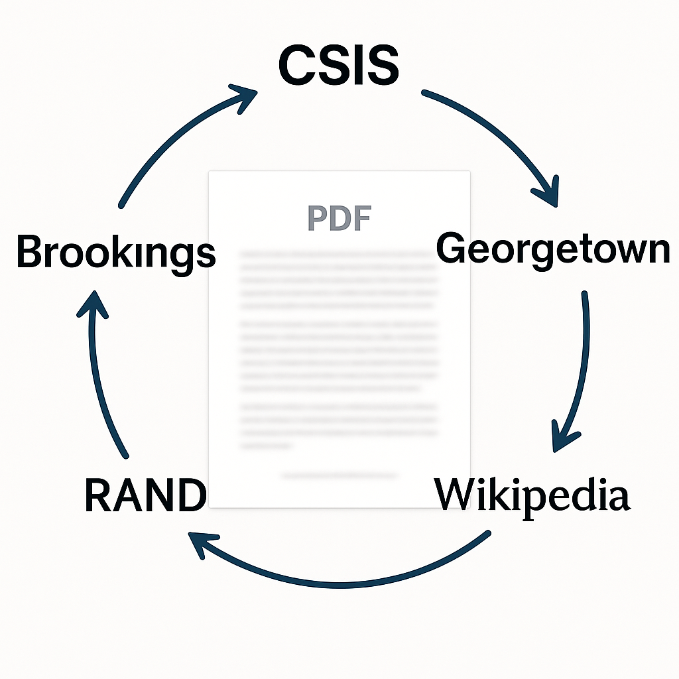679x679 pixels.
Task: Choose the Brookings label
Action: click(116, 253)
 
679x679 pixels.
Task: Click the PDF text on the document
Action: click(339, 218)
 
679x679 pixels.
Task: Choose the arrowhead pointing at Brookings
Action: click(93, 306)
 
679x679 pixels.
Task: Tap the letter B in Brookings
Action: click(30, 252)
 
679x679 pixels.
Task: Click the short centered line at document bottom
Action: click(339, 475)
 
